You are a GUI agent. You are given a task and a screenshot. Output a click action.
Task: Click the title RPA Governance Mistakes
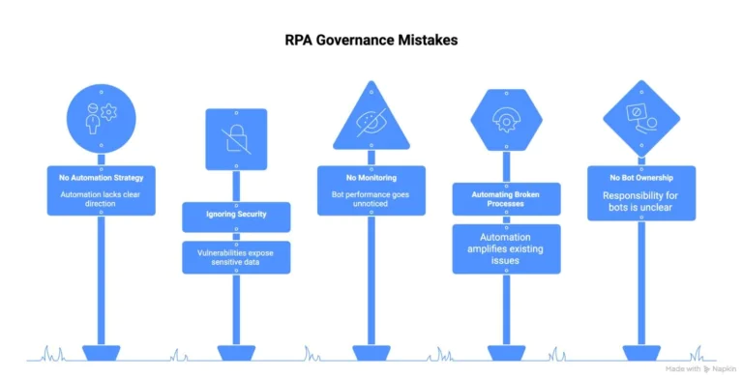[371, 41]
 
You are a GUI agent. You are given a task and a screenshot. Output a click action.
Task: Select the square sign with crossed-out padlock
[236, 138]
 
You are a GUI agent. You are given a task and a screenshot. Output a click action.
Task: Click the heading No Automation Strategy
[101, 178]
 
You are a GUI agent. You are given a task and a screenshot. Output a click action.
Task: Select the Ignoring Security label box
[236, 215]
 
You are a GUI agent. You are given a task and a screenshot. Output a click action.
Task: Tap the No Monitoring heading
[371, 178]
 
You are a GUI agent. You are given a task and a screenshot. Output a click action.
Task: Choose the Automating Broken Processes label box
[505, 198]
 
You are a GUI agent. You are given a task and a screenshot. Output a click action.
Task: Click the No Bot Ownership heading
[639, 178]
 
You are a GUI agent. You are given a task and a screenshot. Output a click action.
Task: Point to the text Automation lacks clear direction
[101, 199]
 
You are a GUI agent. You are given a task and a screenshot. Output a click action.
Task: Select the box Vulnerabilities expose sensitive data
[236, 257]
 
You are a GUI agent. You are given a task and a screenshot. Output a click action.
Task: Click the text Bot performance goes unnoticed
[371, 199]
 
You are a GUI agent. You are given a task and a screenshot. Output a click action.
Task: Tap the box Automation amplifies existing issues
[505, 248]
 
